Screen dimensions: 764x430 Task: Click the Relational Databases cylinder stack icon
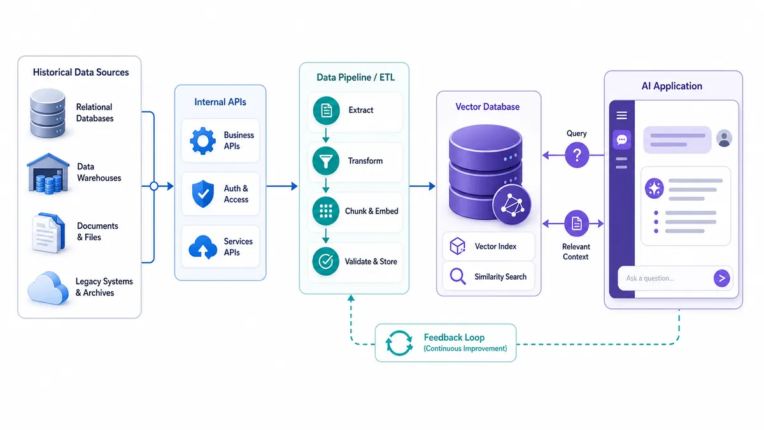point(48,113)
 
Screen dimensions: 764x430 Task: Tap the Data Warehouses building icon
point(48,173)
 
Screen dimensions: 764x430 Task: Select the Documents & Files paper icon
point(48,233)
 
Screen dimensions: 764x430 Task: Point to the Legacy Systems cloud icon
point(48,288)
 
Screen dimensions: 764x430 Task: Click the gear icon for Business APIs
point(202,141)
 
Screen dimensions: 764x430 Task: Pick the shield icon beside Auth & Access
point(203,194)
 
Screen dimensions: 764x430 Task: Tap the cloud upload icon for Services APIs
point(202,247)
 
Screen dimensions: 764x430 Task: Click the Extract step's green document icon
point(326,110)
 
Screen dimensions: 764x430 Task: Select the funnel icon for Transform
point(326,161)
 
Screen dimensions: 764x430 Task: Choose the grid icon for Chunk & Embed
point(326,211)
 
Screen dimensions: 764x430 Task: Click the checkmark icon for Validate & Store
point(326,261)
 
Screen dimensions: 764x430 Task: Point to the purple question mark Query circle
point(577,155)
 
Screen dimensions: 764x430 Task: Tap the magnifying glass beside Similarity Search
point(457,276)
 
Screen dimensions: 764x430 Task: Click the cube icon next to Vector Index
point(457,246)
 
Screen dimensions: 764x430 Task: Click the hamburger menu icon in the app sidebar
point(621,115)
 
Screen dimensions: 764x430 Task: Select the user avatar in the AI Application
point(724,138)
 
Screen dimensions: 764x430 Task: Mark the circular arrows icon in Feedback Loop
point(399,343)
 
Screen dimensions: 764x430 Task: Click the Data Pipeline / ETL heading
point(355,78)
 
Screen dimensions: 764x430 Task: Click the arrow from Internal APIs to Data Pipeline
point(281,186)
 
